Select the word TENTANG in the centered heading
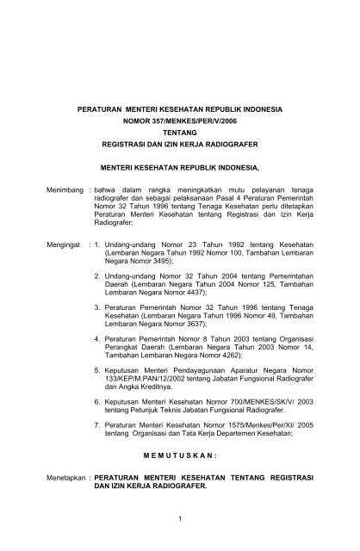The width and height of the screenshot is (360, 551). click(179, 135)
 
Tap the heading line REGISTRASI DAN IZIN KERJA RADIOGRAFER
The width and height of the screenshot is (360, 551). click(179, 147)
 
